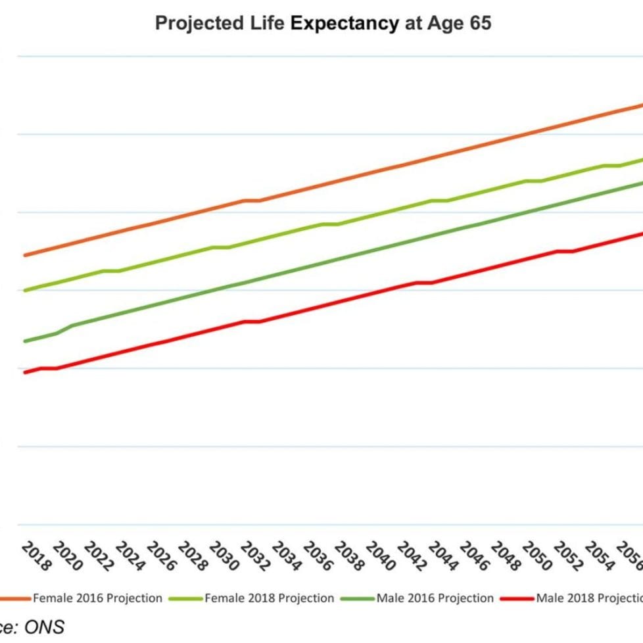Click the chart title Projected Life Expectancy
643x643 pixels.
(x=322, y=24)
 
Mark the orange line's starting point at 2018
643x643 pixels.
(x=25, y=254)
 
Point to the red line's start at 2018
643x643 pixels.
(x=25, y=372)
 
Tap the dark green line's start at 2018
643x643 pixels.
(x=25, y=341)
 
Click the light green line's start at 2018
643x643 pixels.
(x=25, y=290)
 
